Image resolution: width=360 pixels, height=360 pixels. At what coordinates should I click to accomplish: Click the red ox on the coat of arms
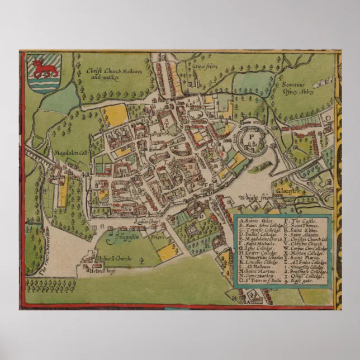coord(42,68)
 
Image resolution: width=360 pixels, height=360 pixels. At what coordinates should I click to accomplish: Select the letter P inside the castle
coord(252,135)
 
